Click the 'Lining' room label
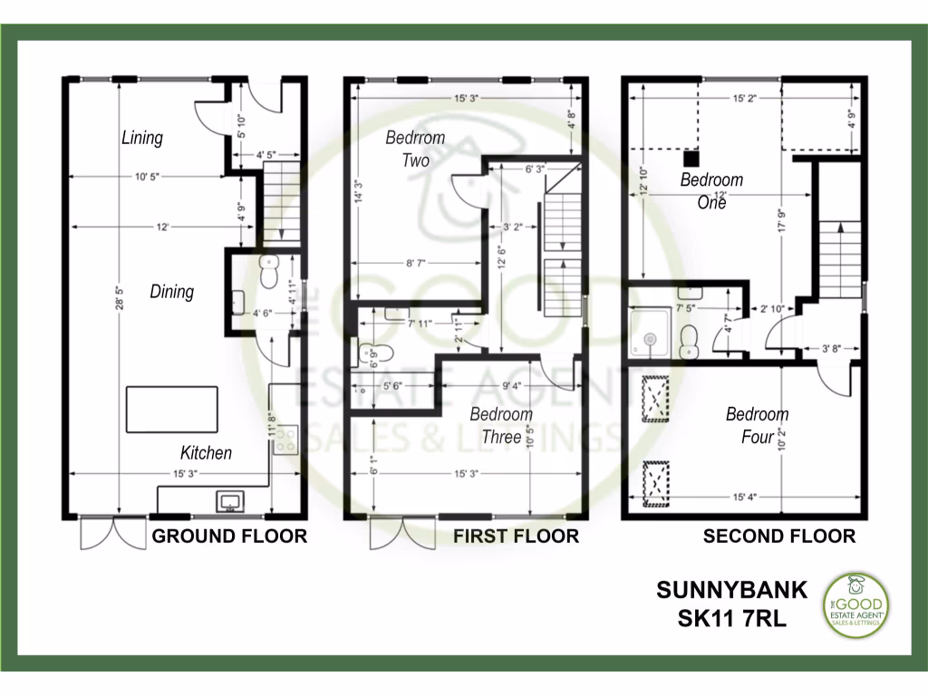tap(142, 138)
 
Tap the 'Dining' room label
tap(171, 292)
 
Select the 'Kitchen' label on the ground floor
tap(206, 453)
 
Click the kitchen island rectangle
tap(171, 409)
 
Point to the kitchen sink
tap(227, 499)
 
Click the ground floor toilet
tap(268, 272)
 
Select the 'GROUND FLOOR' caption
tap(229, 536)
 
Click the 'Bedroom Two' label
tap(415, 149)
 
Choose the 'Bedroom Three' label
tap(501, 426)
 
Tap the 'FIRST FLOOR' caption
tap(516, 536)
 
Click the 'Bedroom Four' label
tap(757, 426)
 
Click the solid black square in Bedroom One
tap(691, 156)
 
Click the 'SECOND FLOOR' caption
tap(778, 536)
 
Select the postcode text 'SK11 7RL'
tap(731, 619)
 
